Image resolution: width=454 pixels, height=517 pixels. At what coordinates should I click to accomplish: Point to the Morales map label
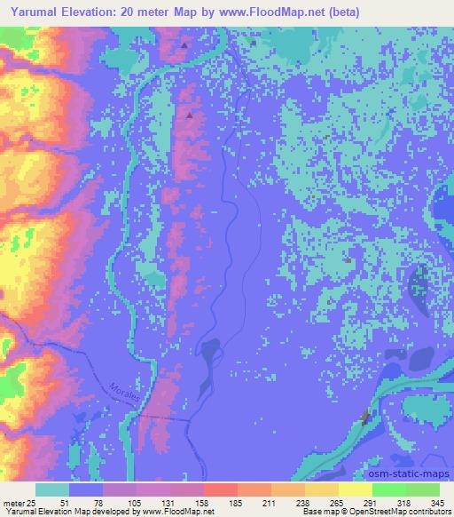pos(123,390)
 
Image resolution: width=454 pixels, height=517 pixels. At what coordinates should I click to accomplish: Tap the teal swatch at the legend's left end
pos(52,489)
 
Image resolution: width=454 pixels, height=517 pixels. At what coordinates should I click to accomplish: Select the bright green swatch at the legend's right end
pos(422,489)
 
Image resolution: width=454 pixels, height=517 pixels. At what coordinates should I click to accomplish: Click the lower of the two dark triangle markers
pos(189,114)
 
